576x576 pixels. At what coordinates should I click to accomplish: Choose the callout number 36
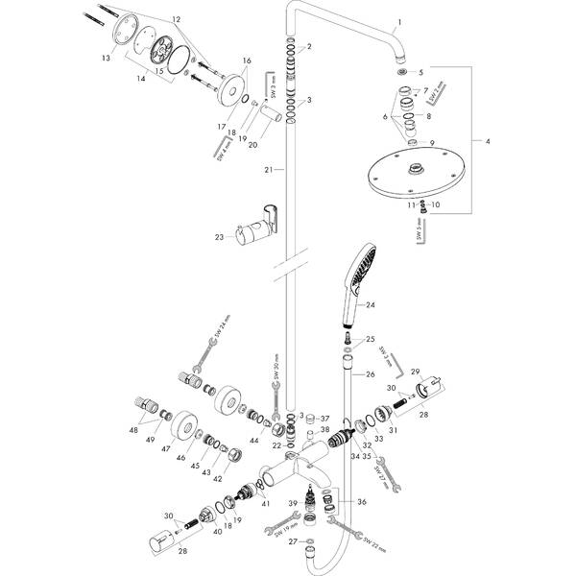tap(361, 501)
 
